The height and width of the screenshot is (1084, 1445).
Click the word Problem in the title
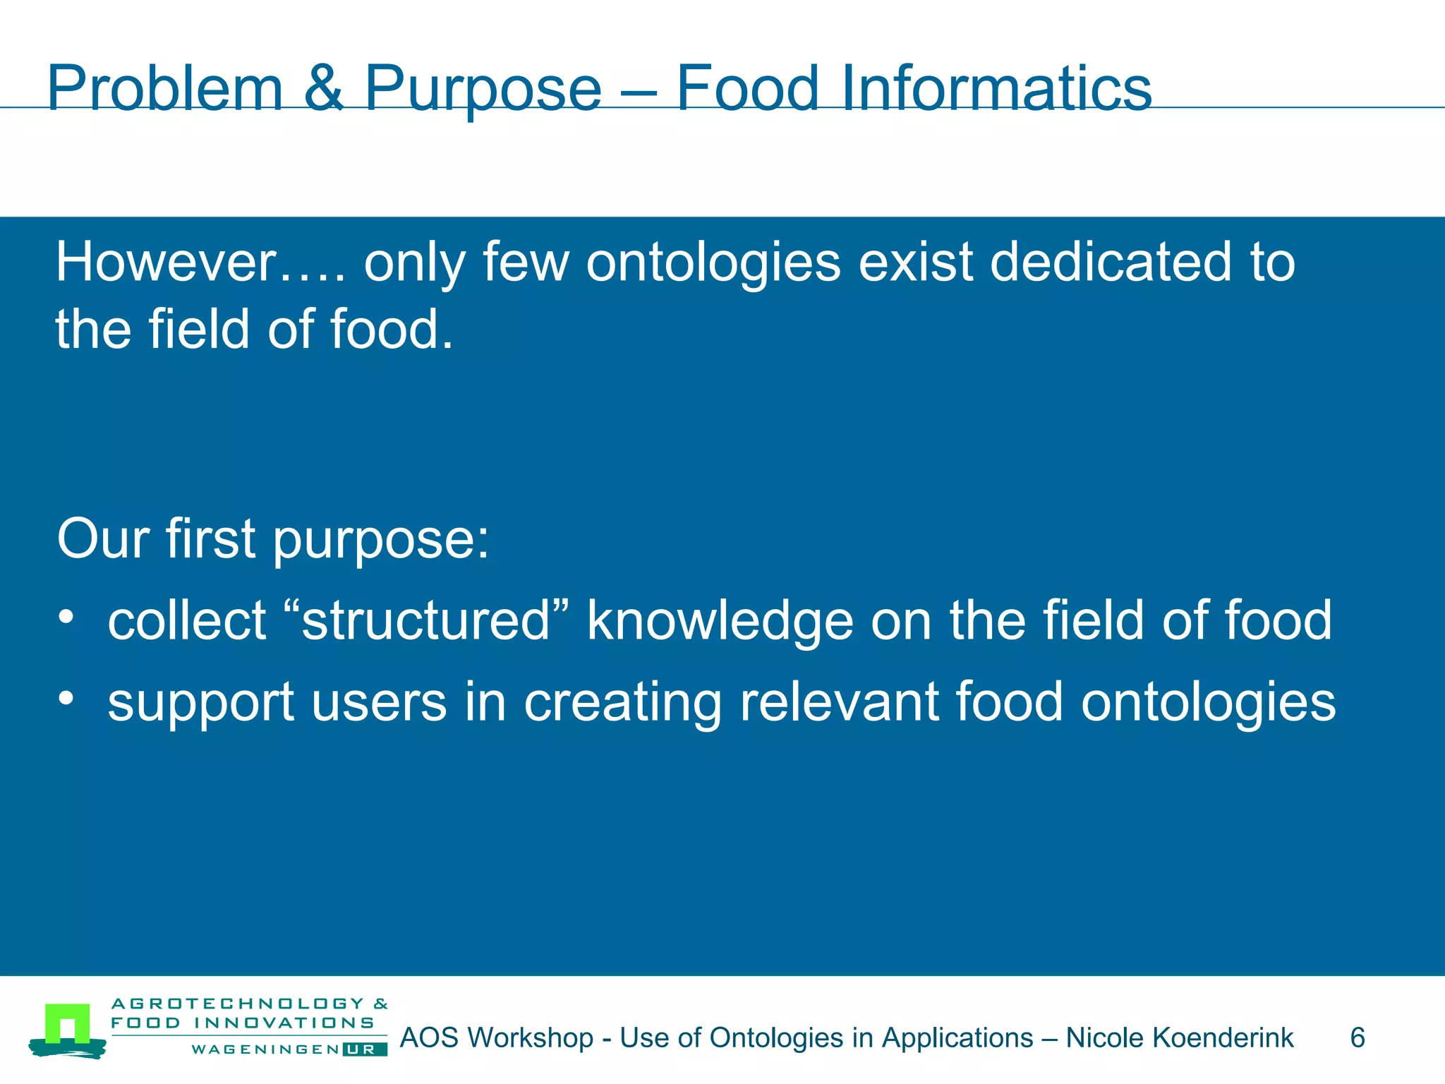164,90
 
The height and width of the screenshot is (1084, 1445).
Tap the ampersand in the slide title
324,88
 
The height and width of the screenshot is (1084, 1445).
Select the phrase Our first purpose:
272,539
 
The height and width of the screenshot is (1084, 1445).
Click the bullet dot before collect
66,617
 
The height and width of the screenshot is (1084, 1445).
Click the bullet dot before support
66,698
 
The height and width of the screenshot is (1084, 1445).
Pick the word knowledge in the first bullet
720,622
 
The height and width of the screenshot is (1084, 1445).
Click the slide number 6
1357,1038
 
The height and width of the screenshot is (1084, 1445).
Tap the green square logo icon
68,1025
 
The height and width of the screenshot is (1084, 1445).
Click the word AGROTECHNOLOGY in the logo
238,1004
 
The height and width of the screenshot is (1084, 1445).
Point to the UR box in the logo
365,1049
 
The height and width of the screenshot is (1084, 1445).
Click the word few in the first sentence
526,263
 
